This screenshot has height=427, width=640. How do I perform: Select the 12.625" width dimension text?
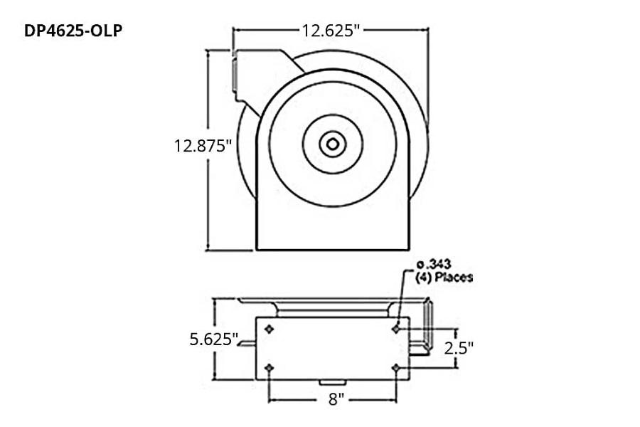(331, 30)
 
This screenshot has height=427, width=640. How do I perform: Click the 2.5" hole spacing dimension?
(458, 348)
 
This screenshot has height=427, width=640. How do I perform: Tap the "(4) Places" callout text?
(444, 278)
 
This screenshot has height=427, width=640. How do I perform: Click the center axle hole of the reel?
(331, 144)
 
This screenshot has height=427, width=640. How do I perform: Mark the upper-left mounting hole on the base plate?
(269, 329)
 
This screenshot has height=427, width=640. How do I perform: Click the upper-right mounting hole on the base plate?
(396, 329)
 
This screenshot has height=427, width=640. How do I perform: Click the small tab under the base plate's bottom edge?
(331, 384)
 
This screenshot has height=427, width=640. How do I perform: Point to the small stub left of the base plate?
(247, 344)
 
